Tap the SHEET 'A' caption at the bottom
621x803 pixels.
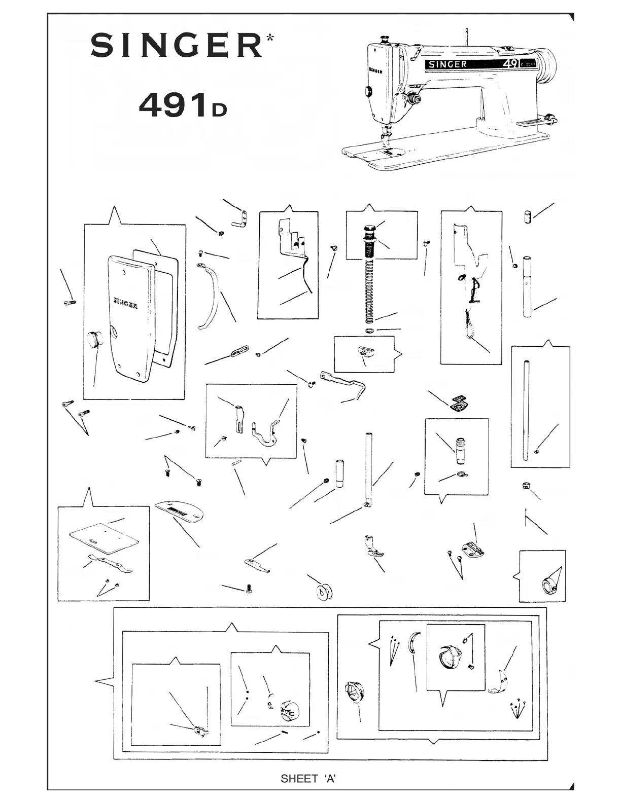(x=308, y=779)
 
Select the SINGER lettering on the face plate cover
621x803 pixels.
(x=125, y=303)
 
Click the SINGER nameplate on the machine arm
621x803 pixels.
(x=446, y=64)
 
